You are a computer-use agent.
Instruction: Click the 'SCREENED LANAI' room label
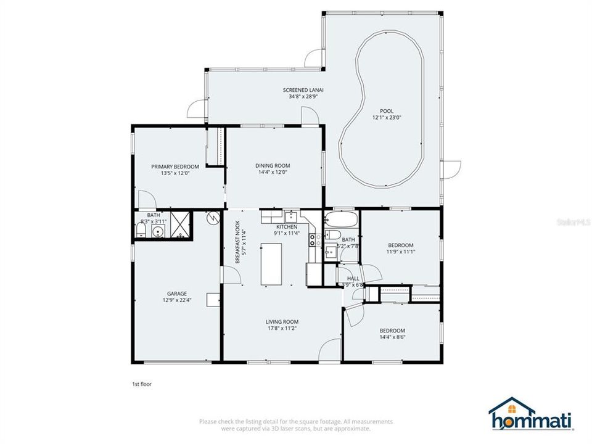[303, 90]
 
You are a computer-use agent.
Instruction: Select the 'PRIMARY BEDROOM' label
[175, 166]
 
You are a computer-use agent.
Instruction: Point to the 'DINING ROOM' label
[273, 165]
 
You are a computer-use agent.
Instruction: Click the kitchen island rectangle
[270, 264]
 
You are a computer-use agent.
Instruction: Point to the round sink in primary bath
[158, 232]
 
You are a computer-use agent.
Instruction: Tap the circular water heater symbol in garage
[213, 218]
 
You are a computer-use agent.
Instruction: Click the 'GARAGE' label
[176, 294]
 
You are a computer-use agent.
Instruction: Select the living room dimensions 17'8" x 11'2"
[282, 329]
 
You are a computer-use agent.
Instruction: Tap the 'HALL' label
[353, 278]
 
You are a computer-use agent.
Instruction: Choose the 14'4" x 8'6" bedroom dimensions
[392, 337]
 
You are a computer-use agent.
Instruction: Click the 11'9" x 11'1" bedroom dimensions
[401, 251]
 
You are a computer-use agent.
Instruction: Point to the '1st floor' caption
[142, 384]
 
